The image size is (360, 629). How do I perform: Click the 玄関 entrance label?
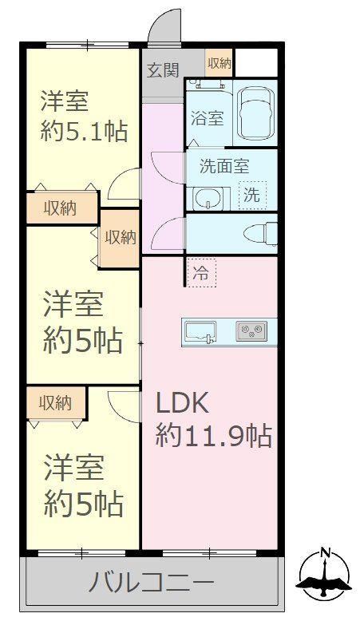162,70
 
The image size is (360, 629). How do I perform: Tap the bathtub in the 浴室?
255,113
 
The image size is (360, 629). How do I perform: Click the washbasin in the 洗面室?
207,198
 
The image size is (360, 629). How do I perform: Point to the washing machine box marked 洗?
252,195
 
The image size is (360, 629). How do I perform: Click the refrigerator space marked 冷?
201,273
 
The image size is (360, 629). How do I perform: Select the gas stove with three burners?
251,331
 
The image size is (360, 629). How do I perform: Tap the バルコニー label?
151,582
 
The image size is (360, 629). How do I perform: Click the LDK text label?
182,404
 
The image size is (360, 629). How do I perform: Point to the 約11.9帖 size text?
214,436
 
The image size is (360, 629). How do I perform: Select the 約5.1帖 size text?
85,131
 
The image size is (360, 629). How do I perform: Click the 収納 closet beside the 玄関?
220,62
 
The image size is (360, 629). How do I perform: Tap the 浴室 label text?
207,119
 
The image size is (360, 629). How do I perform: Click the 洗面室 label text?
224,166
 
